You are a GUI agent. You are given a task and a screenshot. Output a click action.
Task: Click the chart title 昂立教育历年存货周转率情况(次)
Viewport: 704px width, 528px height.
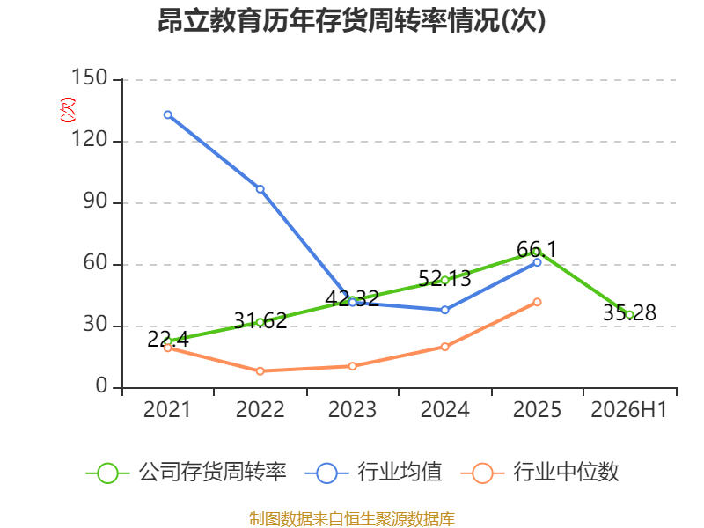pos(351,20)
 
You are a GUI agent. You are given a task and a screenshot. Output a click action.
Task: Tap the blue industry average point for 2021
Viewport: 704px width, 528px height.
pos(168,115)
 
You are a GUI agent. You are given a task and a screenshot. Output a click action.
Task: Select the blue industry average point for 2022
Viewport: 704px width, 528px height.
pos(260,189)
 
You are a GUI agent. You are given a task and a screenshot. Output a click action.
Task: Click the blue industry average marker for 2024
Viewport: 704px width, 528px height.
pos(445,310)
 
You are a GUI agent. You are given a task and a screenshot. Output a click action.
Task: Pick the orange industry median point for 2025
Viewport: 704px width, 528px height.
pos(538,302)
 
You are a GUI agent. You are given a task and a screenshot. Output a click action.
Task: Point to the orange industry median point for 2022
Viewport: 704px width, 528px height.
pos(260,371)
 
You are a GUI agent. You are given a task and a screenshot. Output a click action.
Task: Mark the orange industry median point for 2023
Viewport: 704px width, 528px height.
pos(353,366)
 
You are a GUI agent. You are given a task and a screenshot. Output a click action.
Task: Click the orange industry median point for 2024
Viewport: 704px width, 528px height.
pos(445,347)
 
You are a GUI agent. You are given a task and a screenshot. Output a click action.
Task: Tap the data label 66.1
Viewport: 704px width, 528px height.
pos(537,249)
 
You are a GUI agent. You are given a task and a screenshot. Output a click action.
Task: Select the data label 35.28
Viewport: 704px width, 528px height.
pos(629,313)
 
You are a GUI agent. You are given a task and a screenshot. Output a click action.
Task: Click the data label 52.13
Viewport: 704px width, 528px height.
pos(444,278)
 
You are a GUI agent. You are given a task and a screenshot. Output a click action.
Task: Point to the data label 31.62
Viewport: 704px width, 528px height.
pos(260,321)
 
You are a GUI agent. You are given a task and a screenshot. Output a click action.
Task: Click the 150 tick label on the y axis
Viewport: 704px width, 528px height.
pos(90,77)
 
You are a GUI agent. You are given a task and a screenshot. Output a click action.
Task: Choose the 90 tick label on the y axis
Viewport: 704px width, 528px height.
pos(96,202)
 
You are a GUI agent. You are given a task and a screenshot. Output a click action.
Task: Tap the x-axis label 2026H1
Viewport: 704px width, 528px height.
pos(629,410)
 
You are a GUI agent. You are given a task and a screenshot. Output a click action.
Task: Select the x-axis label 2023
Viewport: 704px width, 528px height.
pos(353,410)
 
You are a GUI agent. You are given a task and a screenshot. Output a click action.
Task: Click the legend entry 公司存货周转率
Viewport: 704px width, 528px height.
pos(186,473)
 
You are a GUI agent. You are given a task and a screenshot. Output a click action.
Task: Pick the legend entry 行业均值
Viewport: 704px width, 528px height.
pos(373,473)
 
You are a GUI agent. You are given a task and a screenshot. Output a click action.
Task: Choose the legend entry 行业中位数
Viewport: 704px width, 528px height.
pos(539,473)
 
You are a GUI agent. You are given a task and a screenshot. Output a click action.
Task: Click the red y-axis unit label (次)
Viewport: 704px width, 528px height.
pos(68,109)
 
